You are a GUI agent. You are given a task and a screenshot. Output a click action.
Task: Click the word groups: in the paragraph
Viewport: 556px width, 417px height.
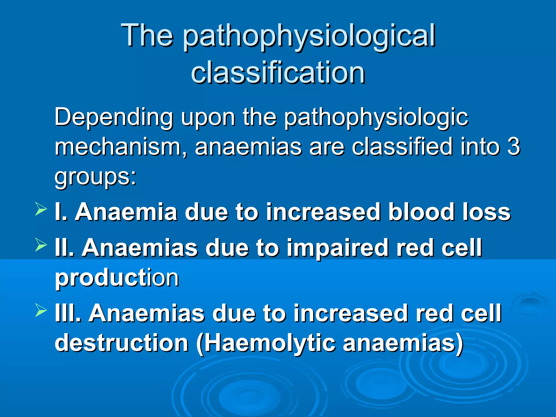pos(95,176)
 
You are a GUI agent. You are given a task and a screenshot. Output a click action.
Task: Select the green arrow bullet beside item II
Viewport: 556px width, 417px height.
pos(41,245)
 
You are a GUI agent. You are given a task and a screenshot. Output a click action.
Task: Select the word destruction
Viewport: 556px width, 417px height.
pos(121,343)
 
